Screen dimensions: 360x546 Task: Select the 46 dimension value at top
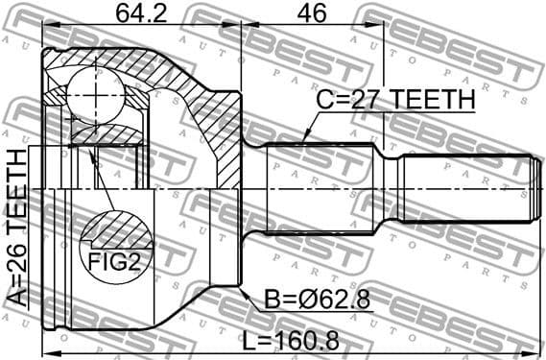point(313,15)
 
